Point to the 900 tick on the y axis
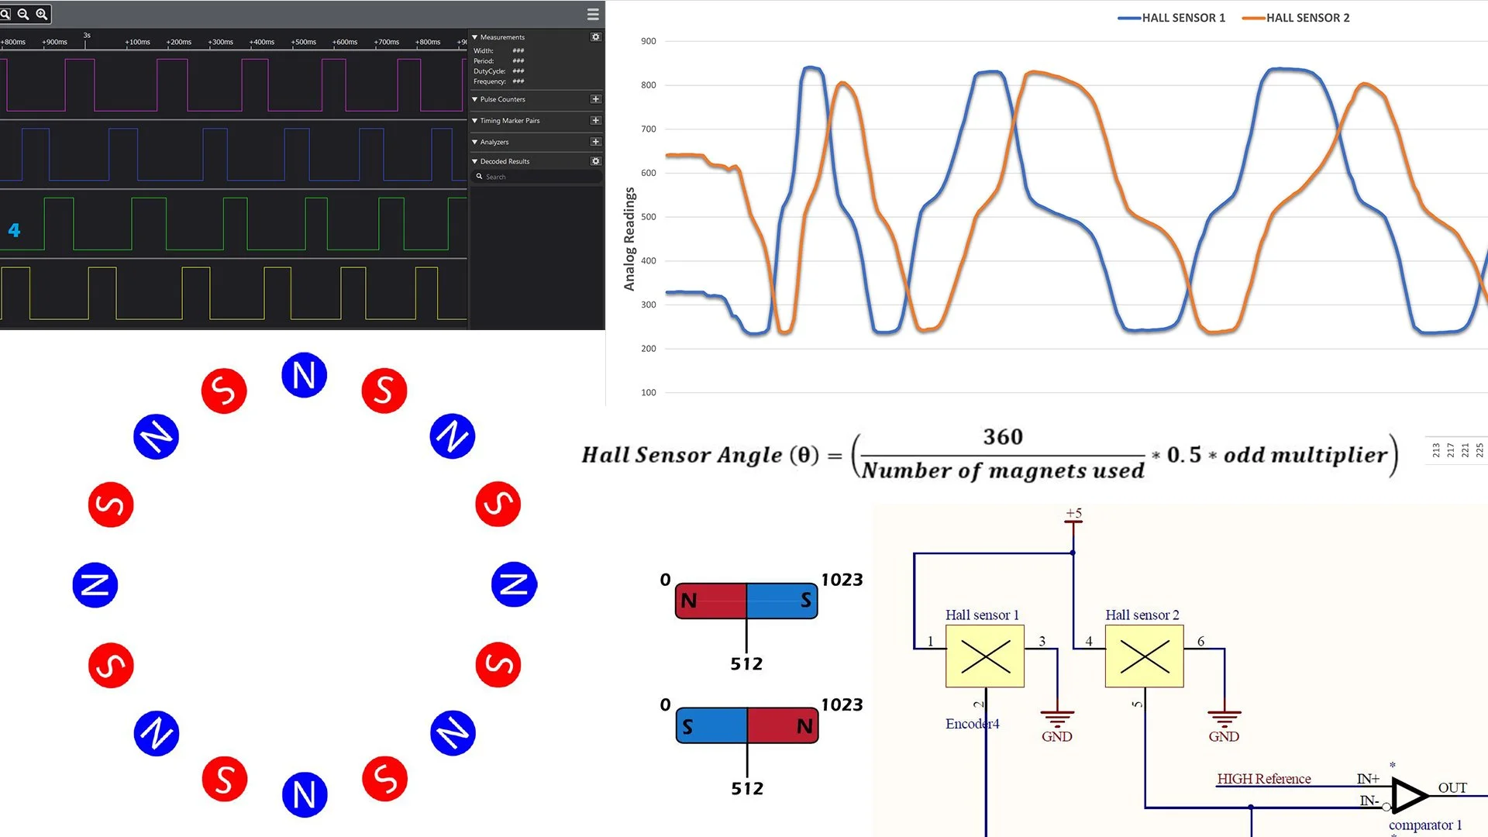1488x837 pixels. pos(648,41)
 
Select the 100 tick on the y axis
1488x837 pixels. pos(648,393)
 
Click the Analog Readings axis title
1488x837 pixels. pos(629,239)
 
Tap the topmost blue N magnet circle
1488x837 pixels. pos(304,376)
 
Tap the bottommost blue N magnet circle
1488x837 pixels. pos(305,794)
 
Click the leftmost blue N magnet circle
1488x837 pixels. pos(95,585)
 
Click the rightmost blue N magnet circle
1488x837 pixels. pos(514,584)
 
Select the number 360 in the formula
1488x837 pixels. pos(1003,437)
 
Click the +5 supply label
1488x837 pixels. pos(1073,513)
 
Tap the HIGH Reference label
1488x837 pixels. pos(1263,779)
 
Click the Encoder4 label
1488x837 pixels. pos(972,724)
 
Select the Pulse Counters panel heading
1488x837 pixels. pos(502,99)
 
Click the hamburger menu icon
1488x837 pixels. pos(593,14)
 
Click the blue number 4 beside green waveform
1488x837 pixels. pos(14,230)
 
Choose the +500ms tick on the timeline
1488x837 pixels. pos(303,43)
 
